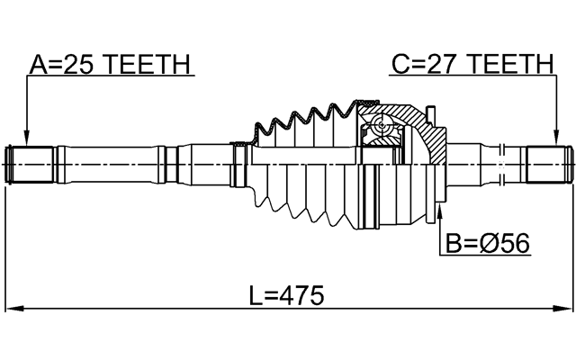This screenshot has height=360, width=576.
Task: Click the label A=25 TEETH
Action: [109, 64]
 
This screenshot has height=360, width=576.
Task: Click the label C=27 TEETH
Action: [472, 64]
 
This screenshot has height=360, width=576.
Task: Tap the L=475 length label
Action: [286, 295]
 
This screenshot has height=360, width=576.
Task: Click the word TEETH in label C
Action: [510, 64]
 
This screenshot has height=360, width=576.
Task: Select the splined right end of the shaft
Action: [547, 165]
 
